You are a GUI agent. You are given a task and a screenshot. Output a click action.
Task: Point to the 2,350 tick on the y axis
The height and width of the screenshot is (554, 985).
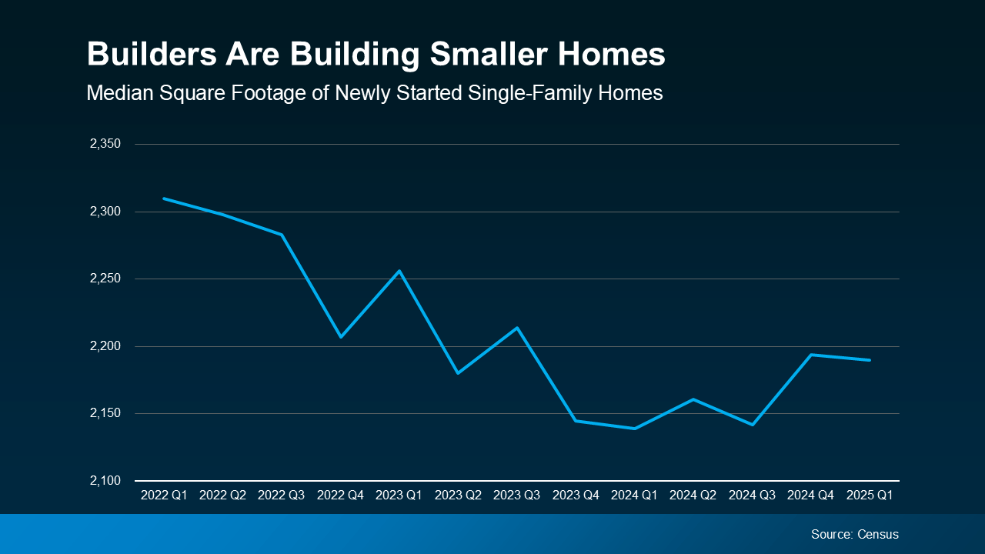[x=106, y=144]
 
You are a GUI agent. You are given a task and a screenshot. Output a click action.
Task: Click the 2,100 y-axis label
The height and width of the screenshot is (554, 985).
[x=106, y=481]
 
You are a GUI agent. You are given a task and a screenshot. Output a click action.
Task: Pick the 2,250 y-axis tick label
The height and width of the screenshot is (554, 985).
[x=106, y=279]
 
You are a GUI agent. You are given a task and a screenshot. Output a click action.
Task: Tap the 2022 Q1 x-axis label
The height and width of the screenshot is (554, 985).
[x=164, y=496]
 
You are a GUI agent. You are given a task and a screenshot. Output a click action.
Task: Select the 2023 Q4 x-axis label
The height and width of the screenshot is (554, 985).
[x=576, y=496]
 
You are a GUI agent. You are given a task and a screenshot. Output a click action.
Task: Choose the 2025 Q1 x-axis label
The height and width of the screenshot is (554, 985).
[x=870, y=496]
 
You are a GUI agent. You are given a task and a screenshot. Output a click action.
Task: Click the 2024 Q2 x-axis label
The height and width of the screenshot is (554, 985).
[x=693, y=496]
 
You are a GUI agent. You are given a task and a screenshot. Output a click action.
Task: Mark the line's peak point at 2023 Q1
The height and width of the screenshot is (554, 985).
[x=399, y=271]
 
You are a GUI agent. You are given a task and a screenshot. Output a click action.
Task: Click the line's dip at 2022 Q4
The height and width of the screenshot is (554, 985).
[x=340, y=336]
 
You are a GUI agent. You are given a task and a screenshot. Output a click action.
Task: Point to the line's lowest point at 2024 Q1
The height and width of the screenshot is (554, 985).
[x=634, y=429]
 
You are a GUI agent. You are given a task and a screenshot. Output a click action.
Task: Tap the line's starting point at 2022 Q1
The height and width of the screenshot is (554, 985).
[x=164, y=199]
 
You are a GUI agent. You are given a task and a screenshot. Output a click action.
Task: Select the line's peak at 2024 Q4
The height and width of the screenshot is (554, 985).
[x=811, y=355]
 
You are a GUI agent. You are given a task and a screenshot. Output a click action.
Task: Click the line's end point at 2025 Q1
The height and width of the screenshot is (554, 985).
[x=870, y=360]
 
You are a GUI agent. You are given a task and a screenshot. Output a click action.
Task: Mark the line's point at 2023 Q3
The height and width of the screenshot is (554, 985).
[x=517, y=328]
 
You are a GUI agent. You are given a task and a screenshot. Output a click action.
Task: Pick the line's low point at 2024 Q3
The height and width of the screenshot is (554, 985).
[x=752, y=425]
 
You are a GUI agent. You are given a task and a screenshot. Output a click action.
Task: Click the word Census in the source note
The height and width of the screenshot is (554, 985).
[x=878, y=534]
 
